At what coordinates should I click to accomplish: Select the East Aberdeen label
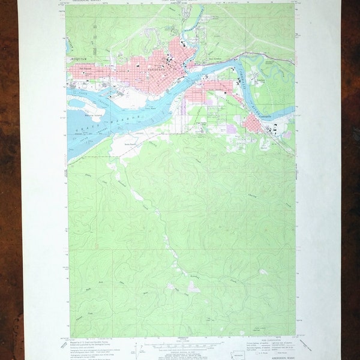click(219, 58)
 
